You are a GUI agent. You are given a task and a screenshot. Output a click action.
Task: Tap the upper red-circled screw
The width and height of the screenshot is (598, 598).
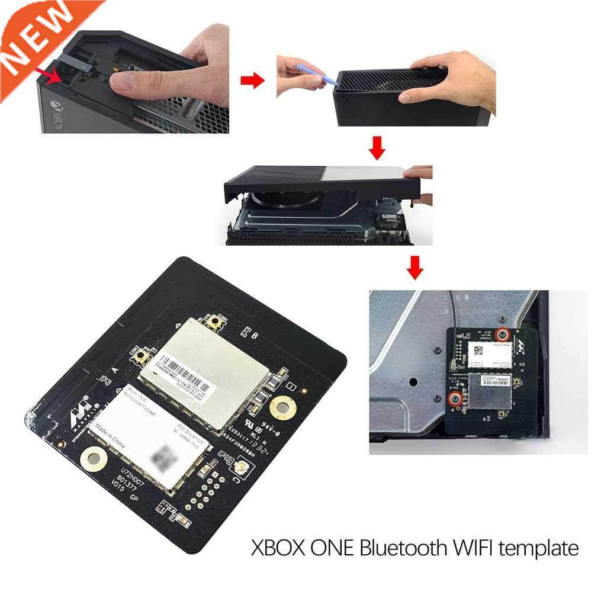point(502,333)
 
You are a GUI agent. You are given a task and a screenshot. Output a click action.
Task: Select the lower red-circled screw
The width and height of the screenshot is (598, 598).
point(455,397)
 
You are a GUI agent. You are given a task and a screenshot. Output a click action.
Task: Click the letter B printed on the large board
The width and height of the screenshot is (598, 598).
point(254,336)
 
